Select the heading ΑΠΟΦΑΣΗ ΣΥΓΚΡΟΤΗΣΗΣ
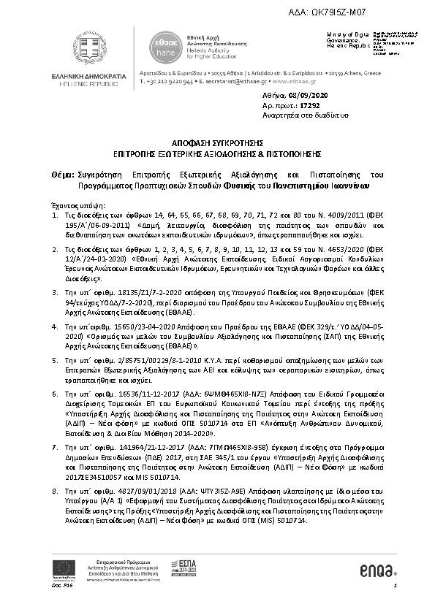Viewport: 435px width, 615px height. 217,145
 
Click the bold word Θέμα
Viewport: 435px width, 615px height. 62,175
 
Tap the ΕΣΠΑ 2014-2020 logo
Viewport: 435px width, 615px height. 188,566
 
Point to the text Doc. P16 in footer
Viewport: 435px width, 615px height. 60,585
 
